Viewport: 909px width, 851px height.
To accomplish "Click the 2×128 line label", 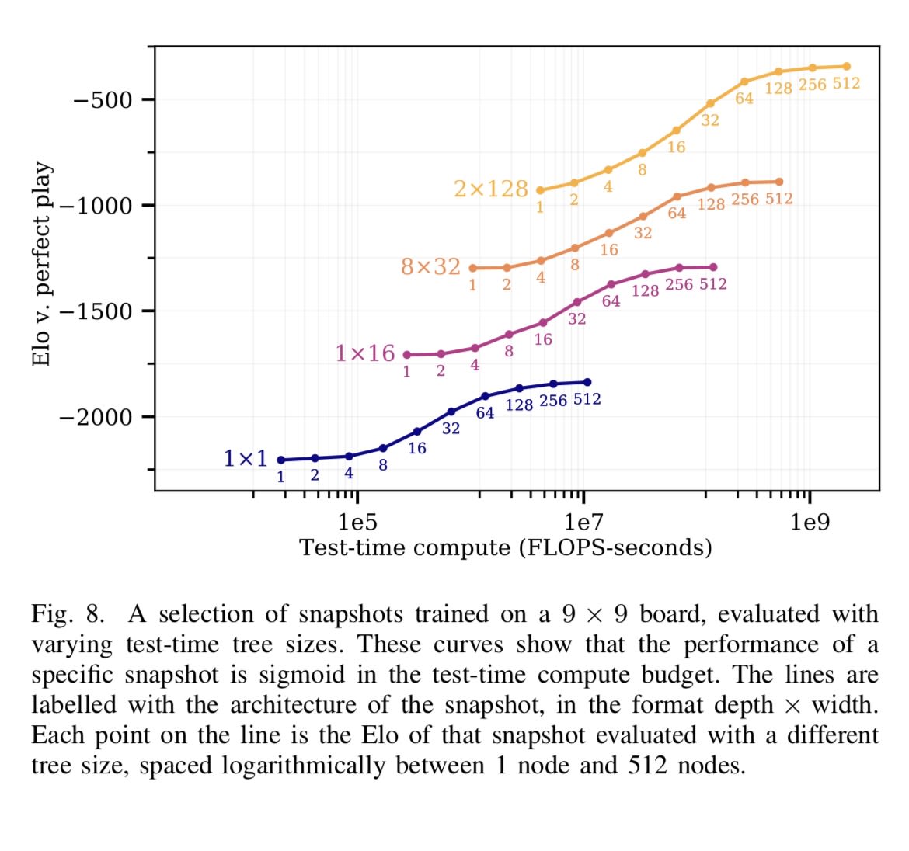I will (x=490, y=189).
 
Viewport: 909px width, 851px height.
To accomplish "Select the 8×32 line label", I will (x=430, y=267).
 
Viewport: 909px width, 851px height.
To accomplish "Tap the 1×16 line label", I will (x=364, y=353).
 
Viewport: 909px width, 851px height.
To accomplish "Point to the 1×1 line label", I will (x=245, y=459).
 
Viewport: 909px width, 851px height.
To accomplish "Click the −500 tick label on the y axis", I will (x=103, y=100).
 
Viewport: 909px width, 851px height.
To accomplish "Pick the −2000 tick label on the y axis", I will (x=96, y=417).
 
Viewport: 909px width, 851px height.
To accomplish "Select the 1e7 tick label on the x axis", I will (x=583, y=522).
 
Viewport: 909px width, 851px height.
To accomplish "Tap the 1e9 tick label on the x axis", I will (x=810, y=522).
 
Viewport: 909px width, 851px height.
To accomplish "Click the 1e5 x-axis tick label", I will (x=357, y=522).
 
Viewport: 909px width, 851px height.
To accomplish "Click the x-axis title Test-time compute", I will (x=506, y=547).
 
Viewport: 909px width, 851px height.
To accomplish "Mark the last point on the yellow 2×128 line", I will (x=846, y=67).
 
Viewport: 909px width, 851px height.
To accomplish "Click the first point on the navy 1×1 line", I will (x=280, y=460).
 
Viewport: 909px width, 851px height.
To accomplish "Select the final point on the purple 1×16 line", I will (x=713, y=267).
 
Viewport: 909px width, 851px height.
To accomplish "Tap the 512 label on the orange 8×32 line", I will (x=778, y=199).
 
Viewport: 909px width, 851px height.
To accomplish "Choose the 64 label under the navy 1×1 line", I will (x=485, y=413).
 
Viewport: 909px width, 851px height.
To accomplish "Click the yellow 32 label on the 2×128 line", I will (x=710, y=120).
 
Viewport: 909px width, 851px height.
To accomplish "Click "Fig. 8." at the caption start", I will (x=67, y=614).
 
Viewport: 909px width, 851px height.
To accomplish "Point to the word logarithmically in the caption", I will (x=303, y=766).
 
